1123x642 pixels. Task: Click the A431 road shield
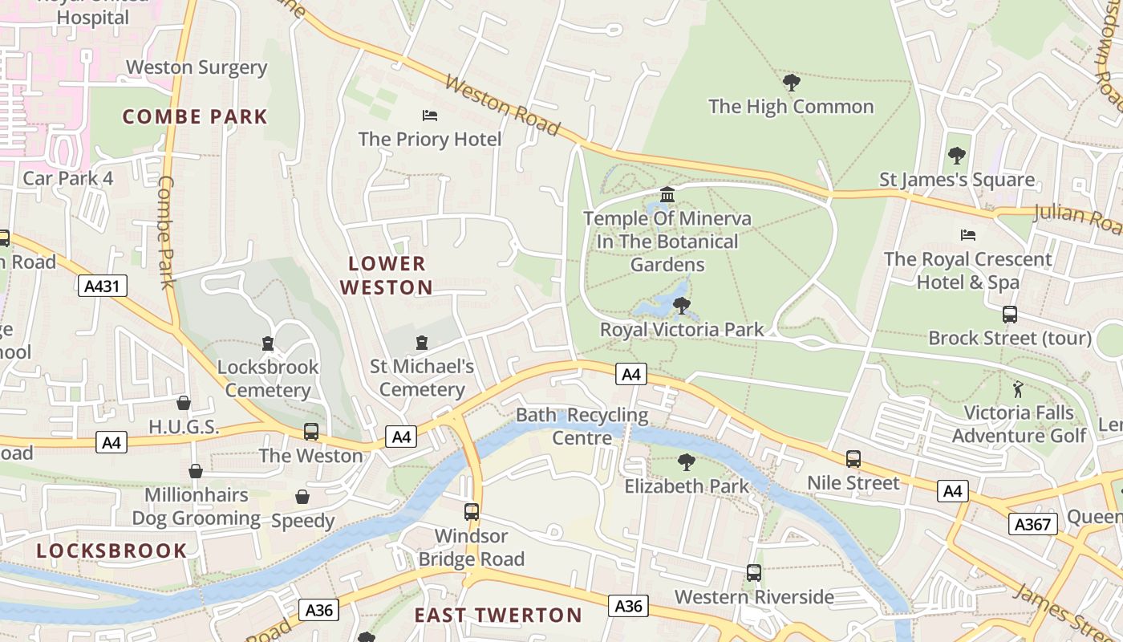pos(103,286)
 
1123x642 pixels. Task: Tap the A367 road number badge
pos(1032,524)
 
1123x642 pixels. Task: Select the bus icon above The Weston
pos(311,432)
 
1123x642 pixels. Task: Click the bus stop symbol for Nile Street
pos(853,459)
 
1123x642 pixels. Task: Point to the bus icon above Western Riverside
pos(754,573)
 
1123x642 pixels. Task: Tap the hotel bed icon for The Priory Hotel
pos(430,116)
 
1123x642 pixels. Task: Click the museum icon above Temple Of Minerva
pos(667,194)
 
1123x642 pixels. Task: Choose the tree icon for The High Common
pos(791,82)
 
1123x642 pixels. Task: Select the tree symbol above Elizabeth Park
pos(686,461)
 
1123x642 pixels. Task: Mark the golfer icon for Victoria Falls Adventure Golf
pos(1018,389)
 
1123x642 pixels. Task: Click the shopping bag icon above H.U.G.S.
pos(184,403)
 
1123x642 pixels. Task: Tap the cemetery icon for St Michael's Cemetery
pos(422,343)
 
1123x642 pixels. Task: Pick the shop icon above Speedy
pos(302,497)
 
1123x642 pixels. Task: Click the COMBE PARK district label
pos(195,116)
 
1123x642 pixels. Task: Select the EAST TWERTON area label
pos(498,616)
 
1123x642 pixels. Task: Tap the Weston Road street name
pos(502,105)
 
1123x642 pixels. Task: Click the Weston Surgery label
pos(197,67)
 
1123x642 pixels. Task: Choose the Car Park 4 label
pos(68,177)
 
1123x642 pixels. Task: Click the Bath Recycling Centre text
pos(582,426)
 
